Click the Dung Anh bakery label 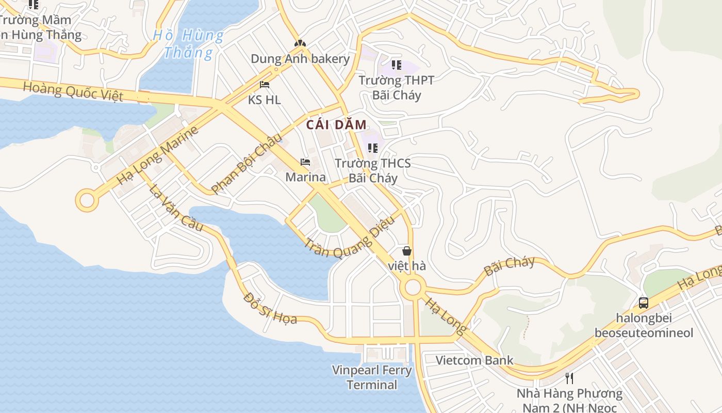click(x=300, y=59)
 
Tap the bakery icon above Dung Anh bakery click(x=299, y=43)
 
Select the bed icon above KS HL click(x=265, y=85)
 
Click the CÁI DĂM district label click(x=336, y=125)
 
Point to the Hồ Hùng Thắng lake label click(x=189, y=44)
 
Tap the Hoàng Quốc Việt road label click(x=73, y=91)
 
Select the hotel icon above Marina click(x=305, y=162)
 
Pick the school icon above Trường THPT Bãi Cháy click(x=396, y=65)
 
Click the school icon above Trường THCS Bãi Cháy click(x=372, y=148)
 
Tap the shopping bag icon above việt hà click(x=407, y=251)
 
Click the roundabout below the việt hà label click(x=413, y=288)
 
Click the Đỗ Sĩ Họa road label click(x=270, y=308)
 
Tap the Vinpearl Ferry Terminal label click(x=372, y=377)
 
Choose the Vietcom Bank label click(x=474, y=360)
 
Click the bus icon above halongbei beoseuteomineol click(x=643, y=303)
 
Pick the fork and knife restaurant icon click(x=569, y=378)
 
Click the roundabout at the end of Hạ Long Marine click(x=87, y=200)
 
